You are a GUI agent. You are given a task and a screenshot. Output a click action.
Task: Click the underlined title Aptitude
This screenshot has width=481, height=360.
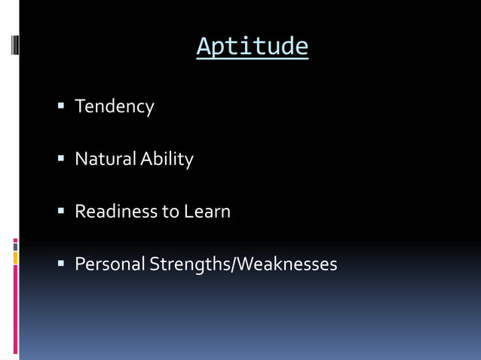click(x=252, y=47)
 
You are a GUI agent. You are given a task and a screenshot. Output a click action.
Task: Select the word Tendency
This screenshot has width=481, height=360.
click(x=114, y=107)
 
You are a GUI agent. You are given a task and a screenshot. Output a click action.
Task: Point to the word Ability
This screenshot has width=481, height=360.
click(x=164, y=160)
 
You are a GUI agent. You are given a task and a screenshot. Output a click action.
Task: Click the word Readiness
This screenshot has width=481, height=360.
click(x=116, y=212)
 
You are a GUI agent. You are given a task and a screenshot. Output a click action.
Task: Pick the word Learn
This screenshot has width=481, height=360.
click(x=207, y=212)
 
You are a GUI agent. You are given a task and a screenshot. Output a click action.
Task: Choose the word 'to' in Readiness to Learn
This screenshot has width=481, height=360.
click(x=170, y=212)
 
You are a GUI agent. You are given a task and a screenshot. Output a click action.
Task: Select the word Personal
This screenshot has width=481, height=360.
click(x=109, y=264)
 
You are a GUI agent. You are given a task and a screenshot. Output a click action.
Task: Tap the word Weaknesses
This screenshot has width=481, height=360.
click(x=290, y=264)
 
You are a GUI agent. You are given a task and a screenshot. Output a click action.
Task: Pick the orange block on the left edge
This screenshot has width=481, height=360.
click(x=16, y=258)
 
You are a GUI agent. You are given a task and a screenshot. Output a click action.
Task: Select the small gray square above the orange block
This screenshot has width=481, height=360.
click(x=16, y=246)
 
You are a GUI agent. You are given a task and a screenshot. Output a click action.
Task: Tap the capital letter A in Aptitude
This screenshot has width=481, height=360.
click(x=203, y=47)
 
